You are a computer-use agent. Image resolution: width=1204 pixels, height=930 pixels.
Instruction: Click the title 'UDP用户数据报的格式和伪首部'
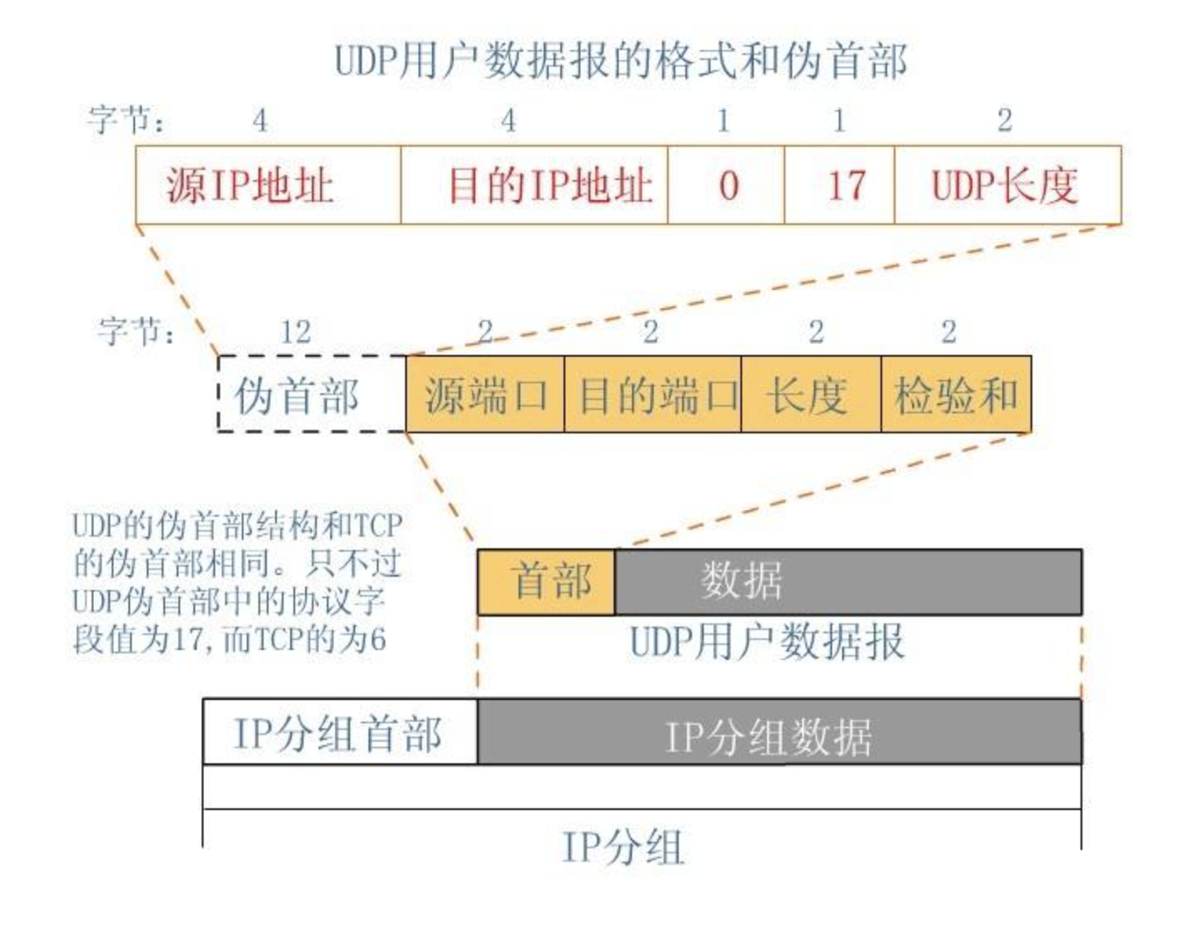coord(620,61)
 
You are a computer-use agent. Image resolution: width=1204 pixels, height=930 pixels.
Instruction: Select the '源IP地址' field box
coord(268,185)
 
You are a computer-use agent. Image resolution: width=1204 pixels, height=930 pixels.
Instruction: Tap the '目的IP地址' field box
coord(534,185)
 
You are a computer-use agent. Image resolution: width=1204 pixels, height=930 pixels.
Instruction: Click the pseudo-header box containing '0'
coord(725,185)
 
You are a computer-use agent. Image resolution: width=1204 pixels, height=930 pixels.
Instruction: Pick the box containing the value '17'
coord(840,185)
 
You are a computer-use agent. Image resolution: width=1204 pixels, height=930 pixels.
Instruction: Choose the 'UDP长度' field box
coord(1007,185)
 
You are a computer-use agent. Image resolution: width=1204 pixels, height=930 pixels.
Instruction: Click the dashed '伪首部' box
coord(311,394)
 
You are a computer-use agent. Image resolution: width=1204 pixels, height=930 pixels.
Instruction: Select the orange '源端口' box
coord(485,394)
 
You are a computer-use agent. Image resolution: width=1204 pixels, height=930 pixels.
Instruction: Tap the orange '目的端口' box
coord(653,394)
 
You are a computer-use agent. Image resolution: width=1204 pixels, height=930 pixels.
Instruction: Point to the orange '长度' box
coord(810,394)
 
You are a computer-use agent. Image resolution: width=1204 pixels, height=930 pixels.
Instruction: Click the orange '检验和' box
coord(956,394)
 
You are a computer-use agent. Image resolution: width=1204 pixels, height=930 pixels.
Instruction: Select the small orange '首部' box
coord(546,582)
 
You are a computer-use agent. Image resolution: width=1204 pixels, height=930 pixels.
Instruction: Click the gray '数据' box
coord(848,582)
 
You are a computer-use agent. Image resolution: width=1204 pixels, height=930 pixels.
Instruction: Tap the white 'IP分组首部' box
coord(340,732)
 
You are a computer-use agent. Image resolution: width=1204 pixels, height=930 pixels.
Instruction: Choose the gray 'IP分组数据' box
coord(779,732)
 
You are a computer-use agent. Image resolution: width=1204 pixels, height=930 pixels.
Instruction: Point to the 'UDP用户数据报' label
coord(767,642)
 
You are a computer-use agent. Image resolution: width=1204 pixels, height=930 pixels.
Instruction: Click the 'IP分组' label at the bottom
coord(623,847)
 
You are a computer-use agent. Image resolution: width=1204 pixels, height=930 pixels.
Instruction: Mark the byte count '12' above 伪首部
coord(295,332)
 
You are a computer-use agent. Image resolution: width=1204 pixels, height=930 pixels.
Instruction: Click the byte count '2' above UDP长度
coord(1005,121)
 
